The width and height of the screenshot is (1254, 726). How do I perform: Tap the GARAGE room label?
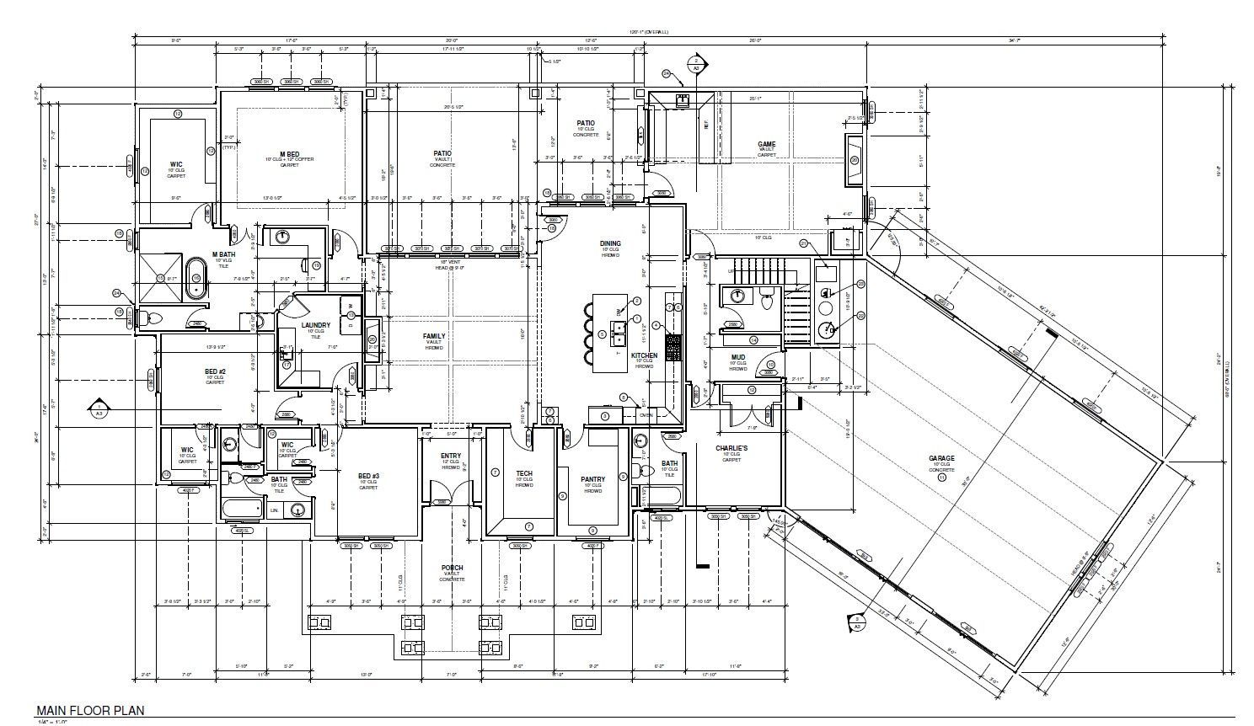pyautogui.click(x=941, y=459)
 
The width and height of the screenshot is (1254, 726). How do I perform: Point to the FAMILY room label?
pyautogui.click(x=434, y=336)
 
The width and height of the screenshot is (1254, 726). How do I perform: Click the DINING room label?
pyautogui.click(x=610, y=243)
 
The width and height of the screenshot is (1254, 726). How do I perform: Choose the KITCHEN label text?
pyautogui.click(x=644, y=355)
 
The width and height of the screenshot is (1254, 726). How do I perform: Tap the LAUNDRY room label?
pyautogui.click(x=315, y=325)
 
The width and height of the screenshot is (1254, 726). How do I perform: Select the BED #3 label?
pyautogui.click(x=368, y=476)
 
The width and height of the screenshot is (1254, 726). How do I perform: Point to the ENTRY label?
pyautogui.click(x=451, y=456)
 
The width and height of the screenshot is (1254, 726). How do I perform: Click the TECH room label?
pyautogui.click(x=524, y=473)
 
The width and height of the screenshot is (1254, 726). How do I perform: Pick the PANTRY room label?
pyautogui.click(x=592, y=479)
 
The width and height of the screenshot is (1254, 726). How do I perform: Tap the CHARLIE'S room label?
pyautogui.click(x=731, y=448)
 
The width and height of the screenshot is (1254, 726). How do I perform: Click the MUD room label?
pyautogui.click(x=737, y=357)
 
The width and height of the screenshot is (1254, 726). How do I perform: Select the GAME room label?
pyautogui.click(x=766, y=144)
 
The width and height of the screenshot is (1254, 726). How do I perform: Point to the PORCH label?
pyautogui.click(x=452, y=568)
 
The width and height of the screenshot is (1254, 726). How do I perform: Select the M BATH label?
pyautogui.click(x=223, y=254)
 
